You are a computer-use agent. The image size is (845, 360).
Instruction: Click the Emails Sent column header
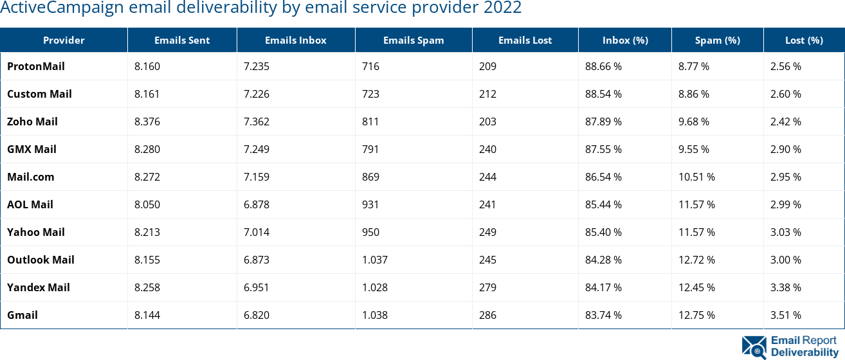click(x=182, y=40)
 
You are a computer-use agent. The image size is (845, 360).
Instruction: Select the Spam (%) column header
click(x=717, y=40)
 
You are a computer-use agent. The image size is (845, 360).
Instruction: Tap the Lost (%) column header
click(x=804, y=40)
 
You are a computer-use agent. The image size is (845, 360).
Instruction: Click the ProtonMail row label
click(x=36, y=66)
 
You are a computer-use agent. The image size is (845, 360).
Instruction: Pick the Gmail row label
click(x=23, y=315)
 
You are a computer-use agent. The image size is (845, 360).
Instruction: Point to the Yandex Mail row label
click(x=39, y=287)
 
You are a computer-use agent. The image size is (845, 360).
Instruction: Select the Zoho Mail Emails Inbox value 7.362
click(x=256, y=122)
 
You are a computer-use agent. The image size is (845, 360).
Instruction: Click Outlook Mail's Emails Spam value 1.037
click(x=375, y=260)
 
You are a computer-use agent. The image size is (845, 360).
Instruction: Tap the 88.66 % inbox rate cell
click(x=603, y=66)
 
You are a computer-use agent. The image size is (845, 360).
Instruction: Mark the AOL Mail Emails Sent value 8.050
click(x=147, y=204)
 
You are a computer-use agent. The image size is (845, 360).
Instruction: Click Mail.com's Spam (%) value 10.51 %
click(x=696, y=177)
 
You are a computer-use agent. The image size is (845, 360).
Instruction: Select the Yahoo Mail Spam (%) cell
click(x=696, y=232)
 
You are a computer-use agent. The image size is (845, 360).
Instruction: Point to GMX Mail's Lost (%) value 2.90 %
click(x=786, y=149)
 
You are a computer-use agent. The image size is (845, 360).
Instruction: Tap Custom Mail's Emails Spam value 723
click(x=370, y=94)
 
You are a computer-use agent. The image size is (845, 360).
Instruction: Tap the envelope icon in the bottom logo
click(x=754, y=346)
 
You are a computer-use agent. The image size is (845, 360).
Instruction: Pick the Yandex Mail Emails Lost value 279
click(x=487, y=287)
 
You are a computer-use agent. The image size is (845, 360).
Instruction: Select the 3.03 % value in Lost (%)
click(x=786, y=232)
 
